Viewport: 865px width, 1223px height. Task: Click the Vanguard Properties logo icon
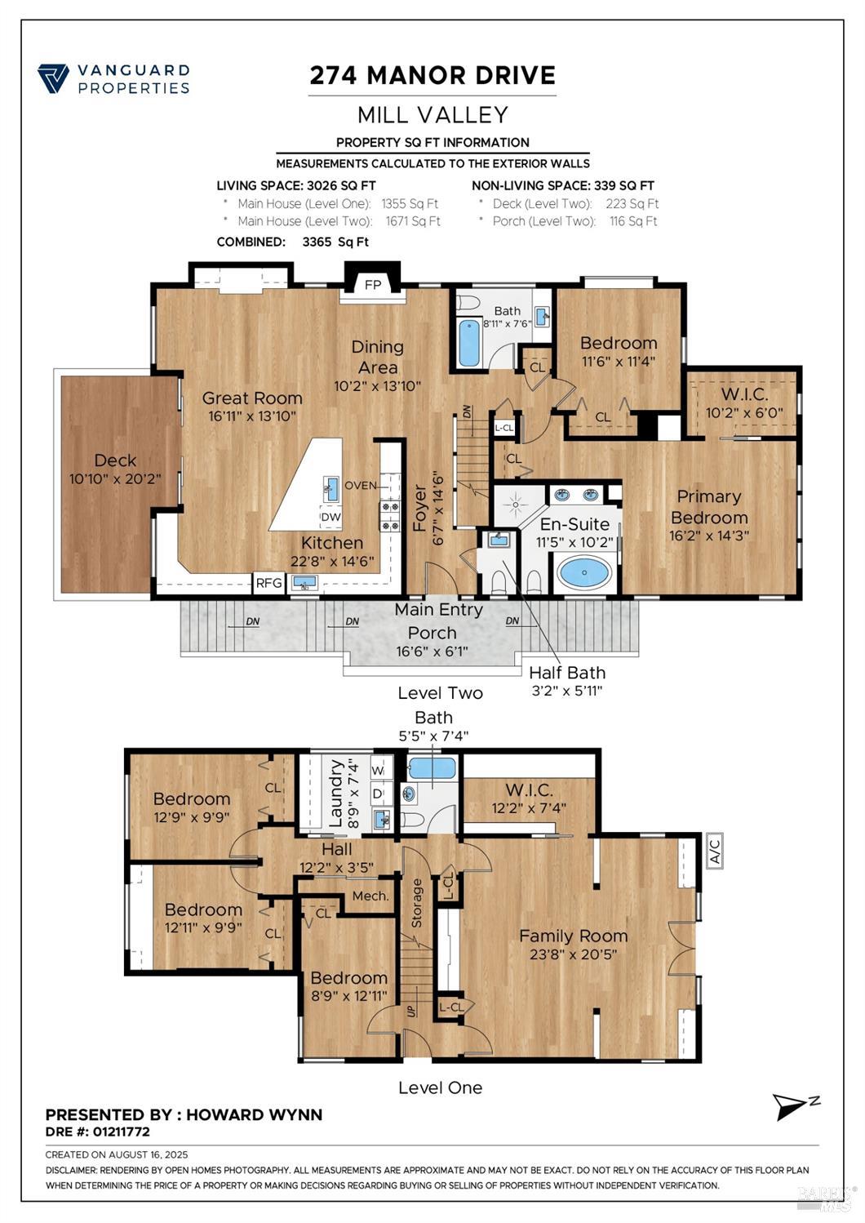click(53, 79)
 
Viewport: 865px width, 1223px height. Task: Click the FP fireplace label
click(373, 285)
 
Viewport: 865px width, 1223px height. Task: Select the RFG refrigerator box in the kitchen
click(268, 582)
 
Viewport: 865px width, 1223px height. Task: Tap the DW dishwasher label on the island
click(330, 517)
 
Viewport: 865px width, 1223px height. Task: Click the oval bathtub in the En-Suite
click(584, 572)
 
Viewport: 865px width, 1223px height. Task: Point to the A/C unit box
click(714, 851)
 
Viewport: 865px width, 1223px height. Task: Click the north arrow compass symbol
click(793, 1106)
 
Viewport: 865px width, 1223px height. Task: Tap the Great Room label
click(252, 398)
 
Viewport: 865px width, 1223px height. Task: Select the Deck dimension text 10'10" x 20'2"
click(115, 479)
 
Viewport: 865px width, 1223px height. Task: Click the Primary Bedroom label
click(708, 507)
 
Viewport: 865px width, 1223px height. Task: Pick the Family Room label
click(573, 936)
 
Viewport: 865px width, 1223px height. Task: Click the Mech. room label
click(370, 896)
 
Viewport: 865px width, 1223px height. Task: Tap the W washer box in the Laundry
click(378, 770)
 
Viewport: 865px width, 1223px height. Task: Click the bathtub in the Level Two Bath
click(468, 343)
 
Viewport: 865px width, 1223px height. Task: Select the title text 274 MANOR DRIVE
click(432, 75)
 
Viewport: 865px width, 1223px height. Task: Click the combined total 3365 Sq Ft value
click(335, 242)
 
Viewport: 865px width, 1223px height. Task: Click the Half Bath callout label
click(567, 673)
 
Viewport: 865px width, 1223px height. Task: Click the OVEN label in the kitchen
click(361, 485)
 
